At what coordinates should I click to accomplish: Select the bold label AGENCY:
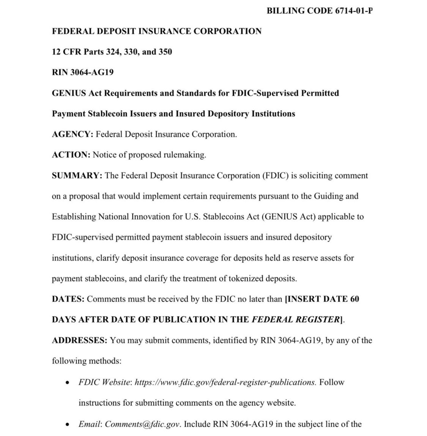[72, 134]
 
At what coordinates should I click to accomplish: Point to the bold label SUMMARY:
[77, 175]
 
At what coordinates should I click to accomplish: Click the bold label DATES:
[68, 299]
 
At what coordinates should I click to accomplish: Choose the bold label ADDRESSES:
[80, 340]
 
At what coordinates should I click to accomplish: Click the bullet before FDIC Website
[67, 382]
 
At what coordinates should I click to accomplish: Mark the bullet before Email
[67, 424]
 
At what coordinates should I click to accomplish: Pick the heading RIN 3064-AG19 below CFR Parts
[83, 72]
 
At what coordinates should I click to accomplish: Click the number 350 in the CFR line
[164, 51]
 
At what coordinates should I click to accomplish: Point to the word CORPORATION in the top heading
[227, 31]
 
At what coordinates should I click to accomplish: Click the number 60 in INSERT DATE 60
[354, 299]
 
